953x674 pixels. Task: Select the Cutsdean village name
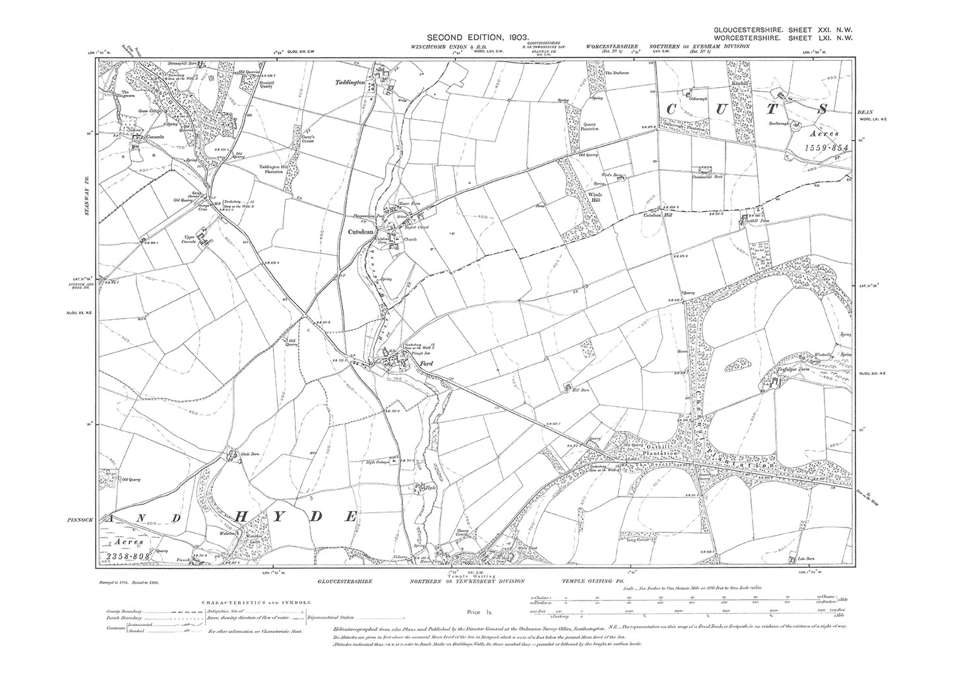click(x=362, y=231)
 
